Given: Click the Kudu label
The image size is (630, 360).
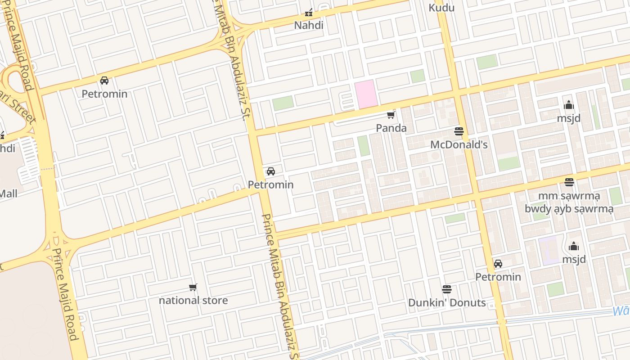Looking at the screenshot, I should point(441,8).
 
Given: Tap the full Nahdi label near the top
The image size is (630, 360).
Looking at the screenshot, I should point(309,25).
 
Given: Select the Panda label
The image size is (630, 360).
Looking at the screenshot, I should point(391,128).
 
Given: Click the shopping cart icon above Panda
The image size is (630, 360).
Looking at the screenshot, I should point(391,115).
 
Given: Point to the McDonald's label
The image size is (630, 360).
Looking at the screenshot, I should point(459,145).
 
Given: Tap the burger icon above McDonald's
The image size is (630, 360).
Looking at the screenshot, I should point(459,131).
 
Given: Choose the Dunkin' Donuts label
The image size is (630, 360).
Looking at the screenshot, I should point(447,303).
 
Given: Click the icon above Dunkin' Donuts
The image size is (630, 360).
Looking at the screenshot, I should point(447,289).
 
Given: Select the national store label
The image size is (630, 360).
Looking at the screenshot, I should point(193,300).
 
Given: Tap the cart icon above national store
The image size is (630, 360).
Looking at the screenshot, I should point(193,287).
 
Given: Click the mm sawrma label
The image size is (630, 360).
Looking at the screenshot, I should point(569,196).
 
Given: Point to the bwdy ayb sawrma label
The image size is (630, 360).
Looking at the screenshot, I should point(569,209).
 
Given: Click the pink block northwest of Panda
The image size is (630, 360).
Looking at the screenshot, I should point(365,94).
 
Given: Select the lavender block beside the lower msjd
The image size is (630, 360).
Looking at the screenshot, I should point(549,251).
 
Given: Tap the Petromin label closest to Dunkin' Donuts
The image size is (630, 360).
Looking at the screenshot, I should point(498,277).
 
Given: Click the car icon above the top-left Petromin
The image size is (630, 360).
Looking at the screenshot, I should point(104,81).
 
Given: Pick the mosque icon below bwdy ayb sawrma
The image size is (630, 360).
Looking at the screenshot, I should point(574,247).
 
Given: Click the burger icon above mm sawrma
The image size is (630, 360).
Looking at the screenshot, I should point(569,182).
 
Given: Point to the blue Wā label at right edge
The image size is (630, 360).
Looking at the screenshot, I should point(621,311).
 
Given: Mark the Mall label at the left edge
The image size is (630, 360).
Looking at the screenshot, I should point(9,194).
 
